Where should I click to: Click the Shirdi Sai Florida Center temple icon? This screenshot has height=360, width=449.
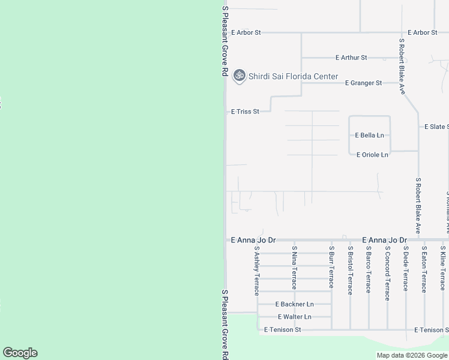239,76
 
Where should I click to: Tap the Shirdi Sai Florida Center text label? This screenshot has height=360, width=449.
293,77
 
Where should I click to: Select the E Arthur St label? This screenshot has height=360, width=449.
351,58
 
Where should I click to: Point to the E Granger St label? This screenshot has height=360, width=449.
363,83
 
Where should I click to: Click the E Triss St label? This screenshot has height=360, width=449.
245,112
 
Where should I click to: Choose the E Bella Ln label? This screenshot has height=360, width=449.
369,136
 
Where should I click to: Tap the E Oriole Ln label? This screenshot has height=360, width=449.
372,155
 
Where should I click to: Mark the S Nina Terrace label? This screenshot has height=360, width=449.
294,267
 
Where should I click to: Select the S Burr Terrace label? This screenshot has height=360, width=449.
331,267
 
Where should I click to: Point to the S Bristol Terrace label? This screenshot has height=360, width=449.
350,270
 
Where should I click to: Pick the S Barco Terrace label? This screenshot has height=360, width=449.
369,268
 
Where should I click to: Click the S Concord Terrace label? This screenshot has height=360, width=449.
387,272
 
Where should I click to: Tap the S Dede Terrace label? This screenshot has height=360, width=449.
406,268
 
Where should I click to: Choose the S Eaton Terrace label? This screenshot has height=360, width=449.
424,269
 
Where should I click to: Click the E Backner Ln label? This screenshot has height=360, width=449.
294,305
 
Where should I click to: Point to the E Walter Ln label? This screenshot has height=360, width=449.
294,317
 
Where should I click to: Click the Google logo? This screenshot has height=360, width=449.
20,353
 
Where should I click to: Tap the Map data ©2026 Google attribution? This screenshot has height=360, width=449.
412,355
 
